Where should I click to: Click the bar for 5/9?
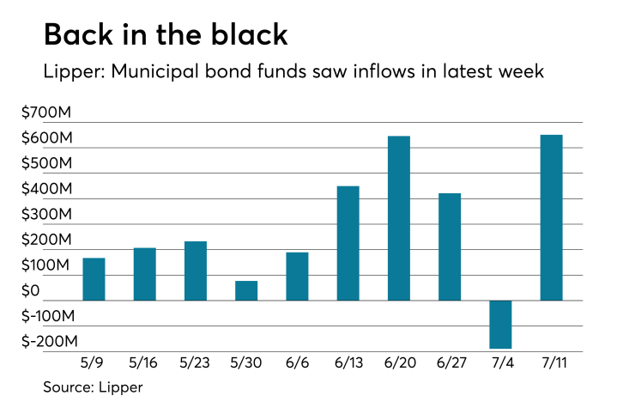pos(94,279)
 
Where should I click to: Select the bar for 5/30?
pos(246,290)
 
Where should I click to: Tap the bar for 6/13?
pos(348,243)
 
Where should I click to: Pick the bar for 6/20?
pos(399,218)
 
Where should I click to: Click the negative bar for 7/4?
pos(500,325)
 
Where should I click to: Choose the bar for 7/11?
pos(551,217)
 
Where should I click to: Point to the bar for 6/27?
pos(450,247)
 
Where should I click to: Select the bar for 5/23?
pos(196,271)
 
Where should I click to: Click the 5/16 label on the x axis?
pos(144,363)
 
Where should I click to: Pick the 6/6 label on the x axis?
pos(297,363)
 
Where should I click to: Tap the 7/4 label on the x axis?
pos(500,363)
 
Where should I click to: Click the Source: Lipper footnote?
pos(93,387)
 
